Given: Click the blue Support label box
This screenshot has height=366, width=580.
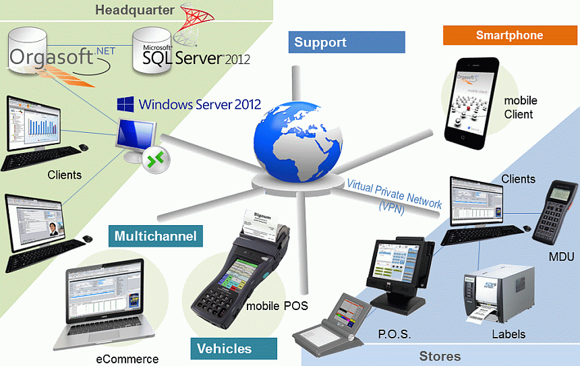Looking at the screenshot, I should [x=347, y=42].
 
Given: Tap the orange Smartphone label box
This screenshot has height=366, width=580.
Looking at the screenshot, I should [x=509, y=35].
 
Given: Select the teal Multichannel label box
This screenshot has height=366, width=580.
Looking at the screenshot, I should [x=155, y=236].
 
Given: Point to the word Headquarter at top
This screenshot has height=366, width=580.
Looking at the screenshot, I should [x=135, y=9].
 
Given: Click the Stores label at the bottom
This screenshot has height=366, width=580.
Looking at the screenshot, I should [x=440, y=356].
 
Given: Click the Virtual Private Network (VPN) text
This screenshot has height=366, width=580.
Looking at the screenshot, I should [x=395, y=195].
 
